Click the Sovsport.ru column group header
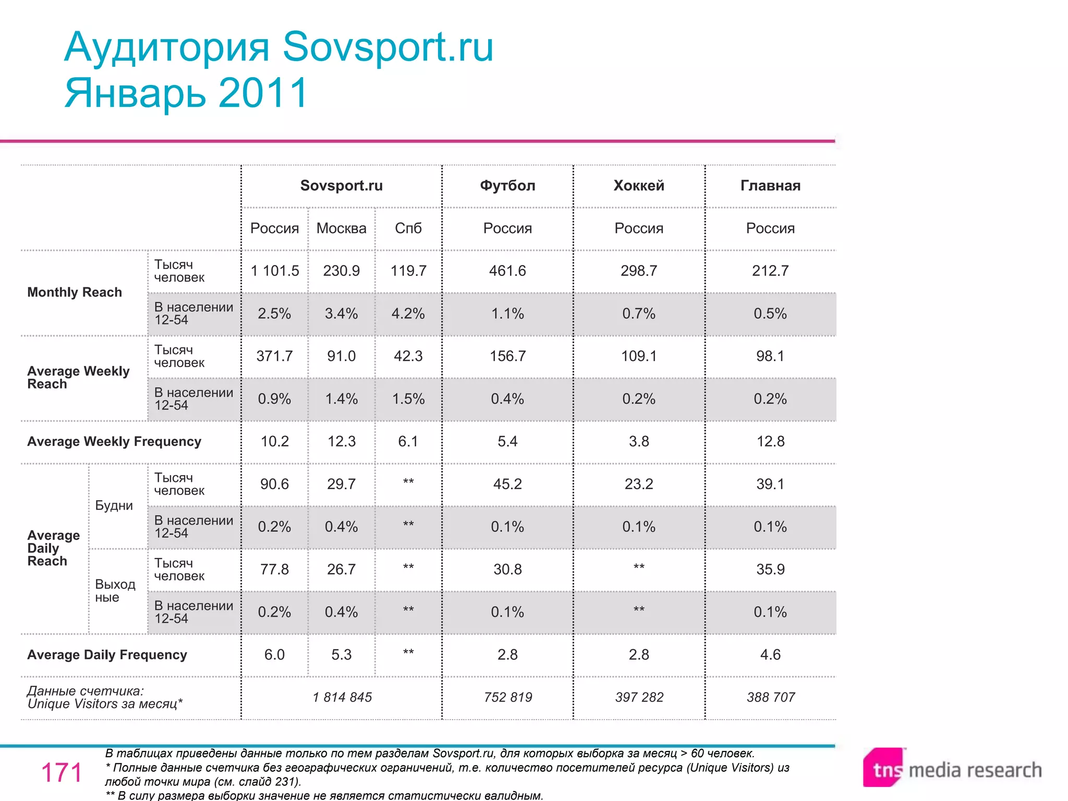[x=341, y=186]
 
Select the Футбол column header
[x=507, y=186]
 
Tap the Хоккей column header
[x=639, y=186]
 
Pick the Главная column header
[x=770, y=186]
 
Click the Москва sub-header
[x=341, y=228]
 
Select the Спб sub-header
[x=408, y=228]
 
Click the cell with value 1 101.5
[x=275, y=271]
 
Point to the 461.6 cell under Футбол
[x=507, y=271]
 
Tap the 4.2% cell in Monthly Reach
[x=408, y=313]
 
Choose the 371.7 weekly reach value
[x=275, y=356]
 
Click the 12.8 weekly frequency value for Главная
[x=770, y=442]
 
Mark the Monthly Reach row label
[x=75, y=293]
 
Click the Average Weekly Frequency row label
[x=114, y=442]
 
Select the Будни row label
[x=114, y=506]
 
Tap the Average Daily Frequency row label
[x=107, y=655]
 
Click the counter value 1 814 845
[x=342, y=698]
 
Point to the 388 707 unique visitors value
[x=770, y=698]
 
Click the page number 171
[x=62, y=773]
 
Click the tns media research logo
[x=952, y=769]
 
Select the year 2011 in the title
[x=263, y=93]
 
